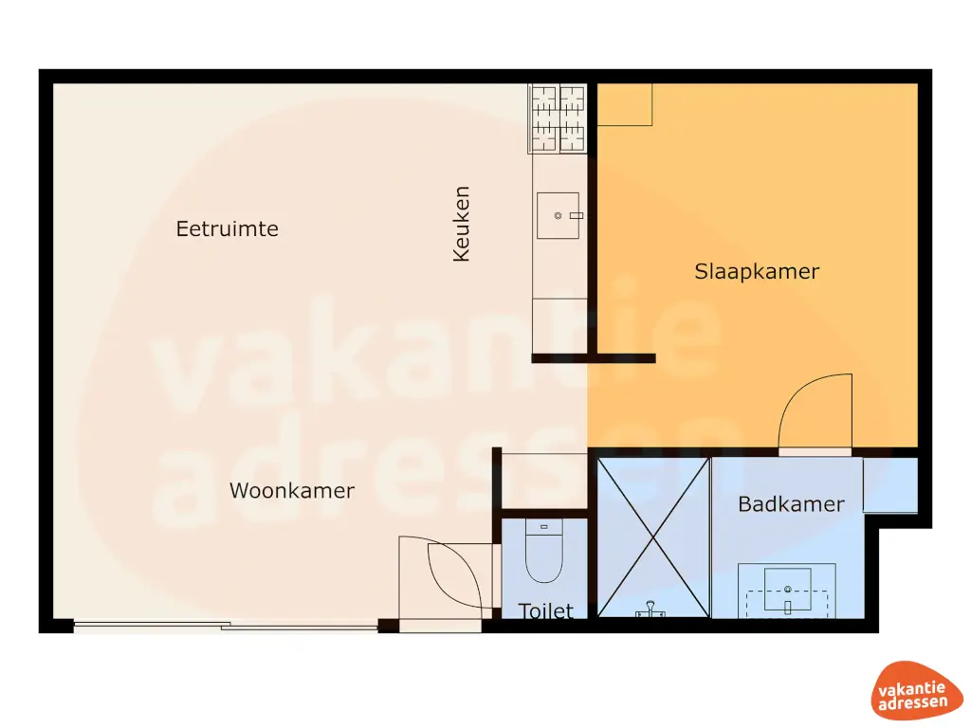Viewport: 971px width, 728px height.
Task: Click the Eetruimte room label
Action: (x=228, y=229)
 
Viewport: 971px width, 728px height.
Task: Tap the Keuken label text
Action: (x=462, y=224)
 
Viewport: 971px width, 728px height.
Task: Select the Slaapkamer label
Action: (x=757, y=272)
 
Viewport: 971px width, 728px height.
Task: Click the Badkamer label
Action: (x=791, y=504)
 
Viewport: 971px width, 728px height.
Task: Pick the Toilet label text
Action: (x=546, y=611)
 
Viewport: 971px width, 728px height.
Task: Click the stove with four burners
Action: (x=559, y=118)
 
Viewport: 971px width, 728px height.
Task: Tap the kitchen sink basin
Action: (x=559, y=216)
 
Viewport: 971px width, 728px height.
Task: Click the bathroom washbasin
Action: (x=787, y=590)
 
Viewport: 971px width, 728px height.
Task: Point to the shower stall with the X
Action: (x=653, y=537)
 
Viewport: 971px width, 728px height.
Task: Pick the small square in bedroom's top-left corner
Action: (x=625, y=104)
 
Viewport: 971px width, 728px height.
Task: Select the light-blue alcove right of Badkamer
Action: (x=890, y=485)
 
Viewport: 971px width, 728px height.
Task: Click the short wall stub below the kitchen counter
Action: (x=594, y=358)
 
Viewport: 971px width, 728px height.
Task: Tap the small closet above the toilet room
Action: (x=543, y=482)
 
